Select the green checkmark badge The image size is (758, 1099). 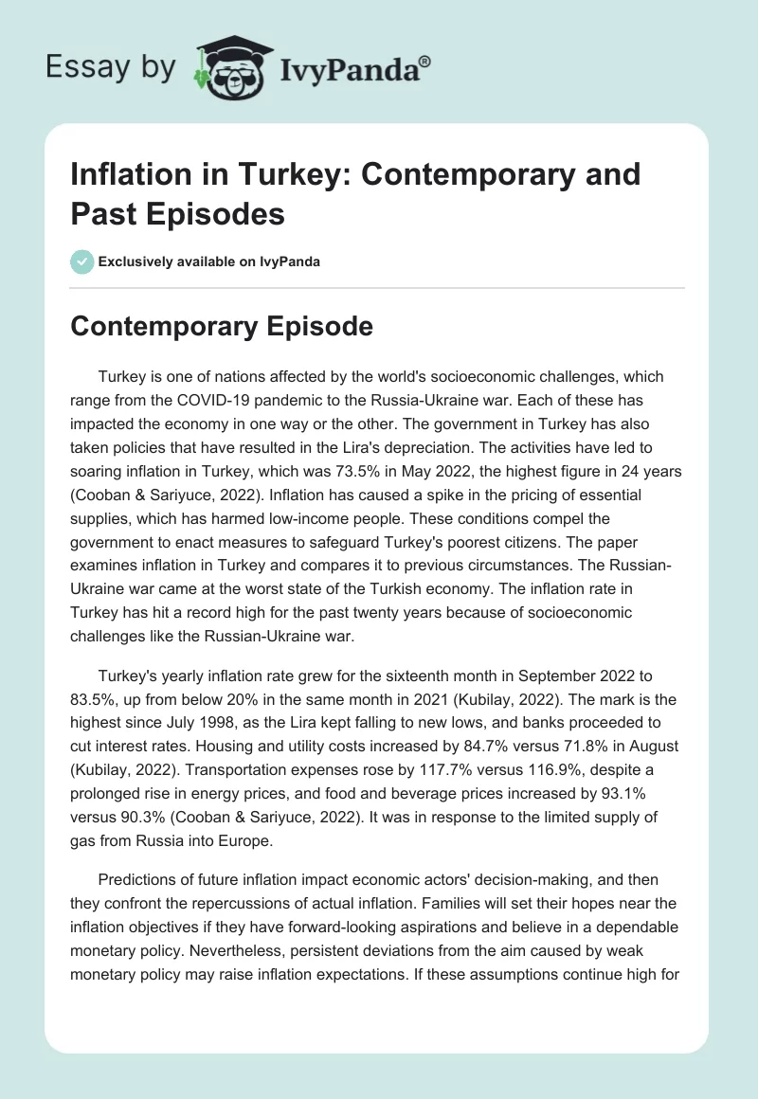(x=82, y=261)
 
